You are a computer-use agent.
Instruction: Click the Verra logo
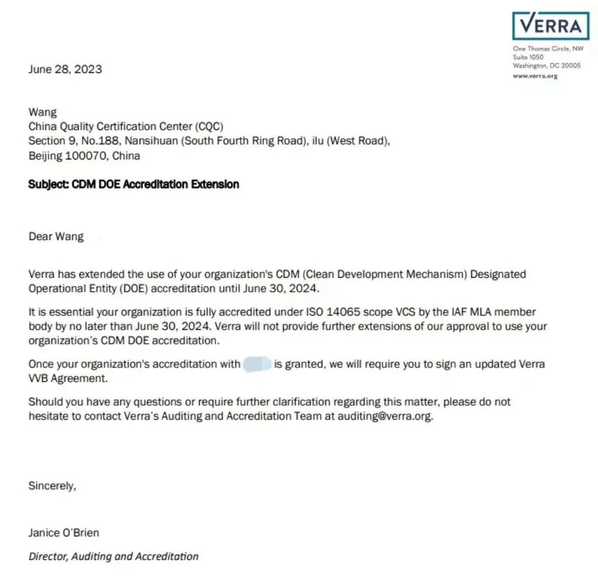[x=550, y=26]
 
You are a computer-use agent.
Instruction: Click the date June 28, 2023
[x=65, y=69]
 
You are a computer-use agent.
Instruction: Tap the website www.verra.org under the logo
[x=535, y=76]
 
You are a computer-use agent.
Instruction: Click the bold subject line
[x=133, y=184]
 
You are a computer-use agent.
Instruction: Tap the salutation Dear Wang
[x=56, y=236]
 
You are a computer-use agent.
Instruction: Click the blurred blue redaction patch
[x=258, y=363]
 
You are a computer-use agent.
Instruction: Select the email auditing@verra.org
[x=384, y=416]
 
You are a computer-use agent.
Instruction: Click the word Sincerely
[x=52, y=486]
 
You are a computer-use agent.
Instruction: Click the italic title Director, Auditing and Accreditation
[x=114, y=557]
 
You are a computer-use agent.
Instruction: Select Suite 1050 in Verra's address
[x=528, y=57]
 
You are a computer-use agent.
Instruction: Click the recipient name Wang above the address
[x=42, y=112]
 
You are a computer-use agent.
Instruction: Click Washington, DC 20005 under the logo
[x=547, y=66]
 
